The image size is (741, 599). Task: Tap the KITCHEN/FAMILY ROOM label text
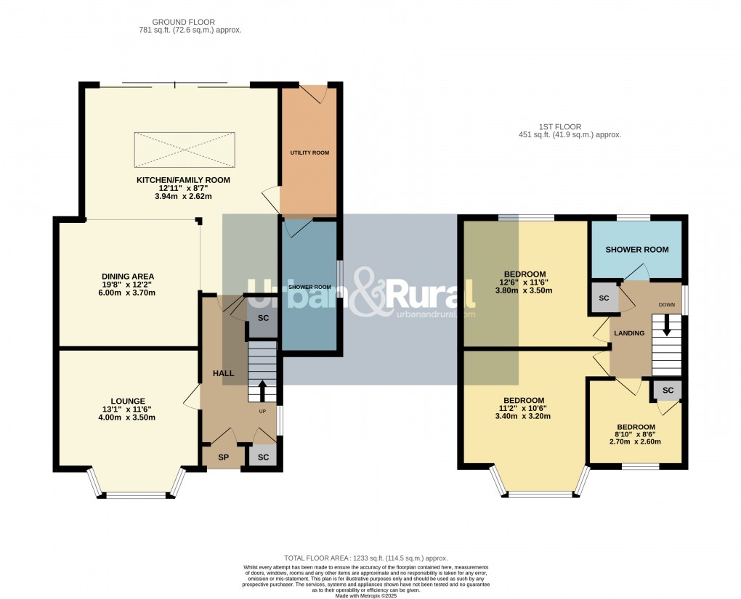pos(183,179)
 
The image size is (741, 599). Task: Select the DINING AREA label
pos(128,276)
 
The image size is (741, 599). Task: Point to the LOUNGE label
pos(128,401)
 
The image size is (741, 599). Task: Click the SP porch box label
pos(223,457)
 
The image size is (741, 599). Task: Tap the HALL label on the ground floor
pos(223,373)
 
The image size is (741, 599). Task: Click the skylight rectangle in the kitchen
pos(184,151)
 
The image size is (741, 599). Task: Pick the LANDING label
pos(629,333)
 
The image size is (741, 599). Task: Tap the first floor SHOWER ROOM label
pos(636,250)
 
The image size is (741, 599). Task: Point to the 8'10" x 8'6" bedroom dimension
pos(636,435)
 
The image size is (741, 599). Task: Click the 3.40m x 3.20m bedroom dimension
pos(524,417)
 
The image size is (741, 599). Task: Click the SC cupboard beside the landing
pos(604,299)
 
